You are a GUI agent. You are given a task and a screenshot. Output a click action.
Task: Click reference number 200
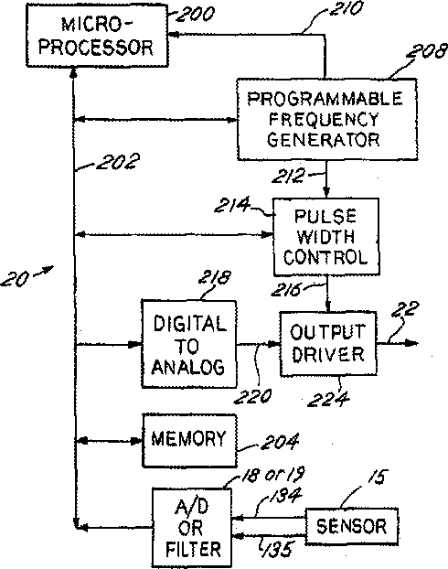point(195,14)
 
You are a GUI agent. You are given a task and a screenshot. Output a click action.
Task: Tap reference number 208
point(427,51)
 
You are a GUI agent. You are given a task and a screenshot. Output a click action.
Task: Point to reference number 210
point(346,8)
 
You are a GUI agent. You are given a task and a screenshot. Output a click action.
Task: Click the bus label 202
point(118,162)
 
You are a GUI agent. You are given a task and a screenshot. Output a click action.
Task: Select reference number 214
point(232,205)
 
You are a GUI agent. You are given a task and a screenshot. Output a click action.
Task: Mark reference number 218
point(214,277)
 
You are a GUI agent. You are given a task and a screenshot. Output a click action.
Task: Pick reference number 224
point(328,399)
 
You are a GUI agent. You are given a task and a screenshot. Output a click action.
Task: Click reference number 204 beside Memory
point(280,441)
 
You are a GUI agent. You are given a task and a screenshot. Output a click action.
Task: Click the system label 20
point(15,279)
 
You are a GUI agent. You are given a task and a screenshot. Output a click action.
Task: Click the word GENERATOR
point(324,140)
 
